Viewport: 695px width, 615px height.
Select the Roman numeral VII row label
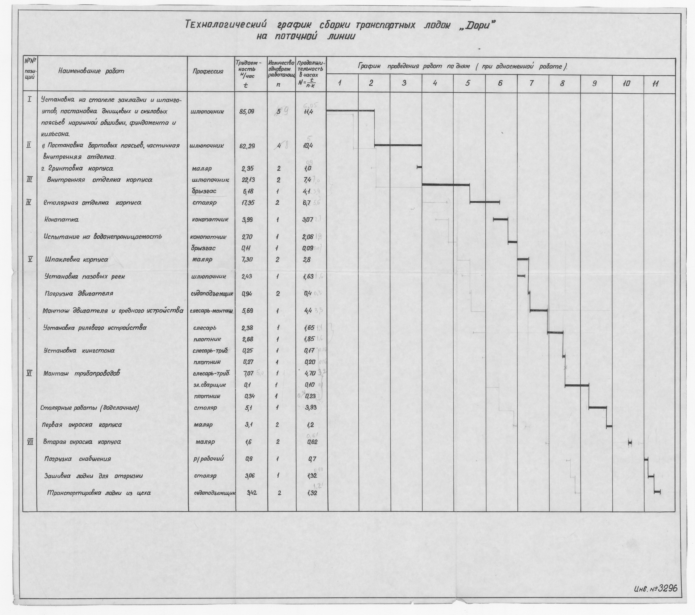tap(30, 442)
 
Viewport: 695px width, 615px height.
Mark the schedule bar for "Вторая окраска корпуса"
tap(629, 442)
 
